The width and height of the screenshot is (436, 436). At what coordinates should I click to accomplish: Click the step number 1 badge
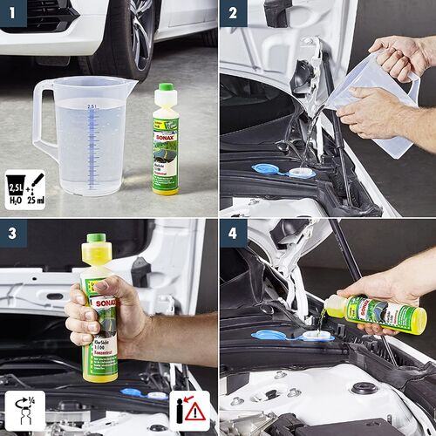[14, 13]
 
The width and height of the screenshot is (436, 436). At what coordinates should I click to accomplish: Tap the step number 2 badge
[233, 13]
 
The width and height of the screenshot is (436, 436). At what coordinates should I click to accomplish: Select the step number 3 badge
[14, 233]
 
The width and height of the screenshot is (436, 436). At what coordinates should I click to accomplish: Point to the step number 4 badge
[233, 233]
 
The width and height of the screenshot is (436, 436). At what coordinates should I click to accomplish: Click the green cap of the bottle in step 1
[164, 89]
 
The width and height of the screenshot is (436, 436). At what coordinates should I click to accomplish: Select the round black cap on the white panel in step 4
[364, 388]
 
